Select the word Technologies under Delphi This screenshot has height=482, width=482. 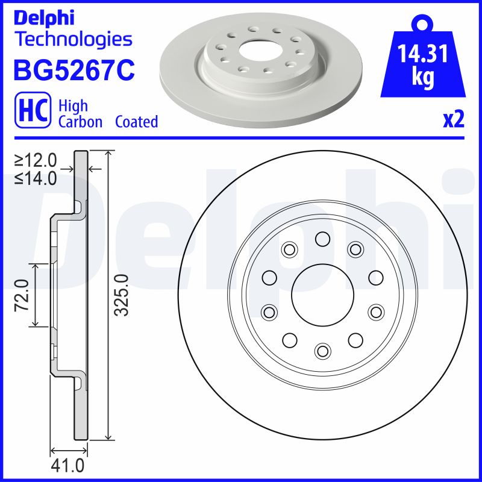tap(72, 40)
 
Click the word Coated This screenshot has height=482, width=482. tap(136, 122)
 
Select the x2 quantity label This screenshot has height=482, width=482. tap(454, 120)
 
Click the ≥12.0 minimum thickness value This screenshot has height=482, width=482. tap(36, 161)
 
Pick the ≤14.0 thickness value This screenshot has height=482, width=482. tap(36, 178)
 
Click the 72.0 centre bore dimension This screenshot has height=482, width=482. tap(22, 295)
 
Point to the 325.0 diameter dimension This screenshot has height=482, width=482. tap(122, 295)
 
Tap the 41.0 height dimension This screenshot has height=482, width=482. tap(67, 466)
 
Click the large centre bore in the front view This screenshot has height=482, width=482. tap(322, 295)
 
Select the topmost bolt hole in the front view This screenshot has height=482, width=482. tap(322, 240)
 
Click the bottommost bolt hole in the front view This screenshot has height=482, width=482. tap(323, 350)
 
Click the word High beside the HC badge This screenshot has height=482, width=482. tap(73, 106)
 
